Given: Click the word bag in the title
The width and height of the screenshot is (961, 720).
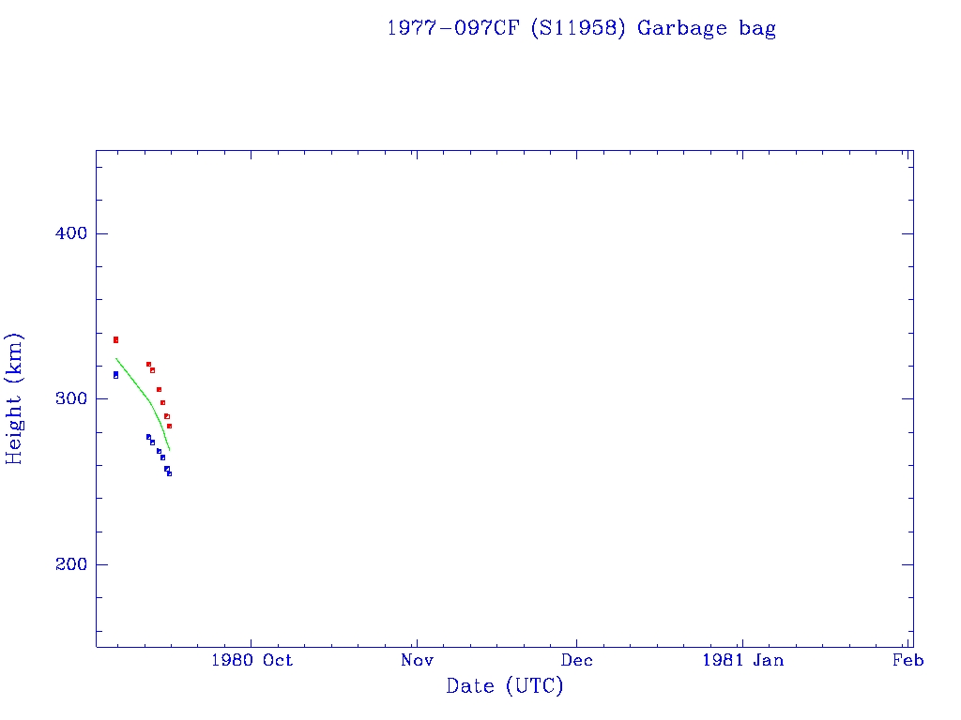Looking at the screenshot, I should click(x=757, y=29).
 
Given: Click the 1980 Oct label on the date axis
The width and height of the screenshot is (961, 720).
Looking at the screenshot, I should click(x=252, y=660).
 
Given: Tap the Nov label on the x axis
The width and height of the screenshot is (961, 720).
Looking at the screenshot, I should click(x=416, y=660).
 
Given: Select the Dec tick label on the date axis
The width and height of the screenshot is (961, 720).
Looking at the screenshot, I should click(x=576, y=660).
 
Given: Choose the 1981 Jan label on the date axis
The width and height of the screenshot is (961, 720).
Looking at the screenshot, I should click(x=742, y=660).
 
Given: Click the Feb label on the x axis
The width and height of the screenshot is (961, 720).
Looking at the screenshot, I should click(x=908, y=660).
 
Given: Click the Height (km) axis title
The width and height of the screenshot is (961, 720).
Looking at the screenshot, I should click(x=15, y=398).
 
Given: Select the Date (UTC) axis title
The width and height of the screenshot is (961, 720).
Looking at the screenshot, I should click(x=505, y=686).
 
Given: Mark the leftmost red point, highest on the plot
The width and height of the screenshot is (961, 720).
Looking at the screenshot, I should click(x=115, y=339).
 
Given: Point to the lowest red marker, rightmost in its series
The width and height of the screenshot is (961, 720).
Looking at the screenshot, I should click(x=169, y=426).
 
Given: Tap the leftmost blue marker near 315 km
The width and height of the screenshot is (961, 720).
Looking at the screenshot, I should click(x=115, y=375).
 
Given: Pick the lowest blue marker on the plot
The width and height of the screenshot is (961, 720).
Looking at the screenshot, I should click(x=169, y=473).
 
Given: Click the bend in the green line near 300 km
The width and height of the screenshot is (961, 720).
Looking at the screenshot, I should click(x=150, y=403).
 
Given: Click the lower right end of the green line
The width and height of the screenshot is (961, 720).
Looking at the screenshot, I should click(x=169, y=451).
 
